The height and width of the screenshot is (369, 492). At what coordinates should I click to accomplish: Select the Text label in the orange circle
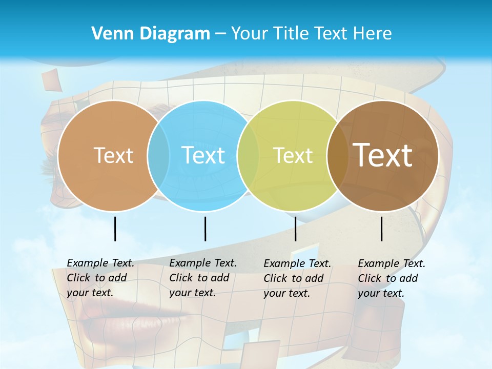113,156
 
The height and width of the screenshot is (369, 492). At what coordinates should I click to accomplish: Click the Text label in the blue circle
203,156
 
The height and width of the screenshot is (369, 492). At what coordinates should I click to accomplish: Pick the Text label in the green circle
293,156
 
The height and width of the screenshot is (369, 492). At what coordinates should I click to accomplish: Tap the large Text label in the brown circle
382,155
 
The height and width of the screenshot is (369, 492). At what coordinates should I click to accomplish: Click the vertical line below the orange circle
115,229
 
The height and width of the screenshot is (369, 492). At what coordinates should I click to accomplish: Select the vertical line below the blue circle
205,229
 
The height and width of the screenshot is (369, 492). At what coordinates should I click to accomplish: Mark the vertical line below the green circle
295,229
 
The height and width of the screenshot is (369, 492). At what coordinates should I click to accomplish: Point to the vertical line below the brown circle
382,229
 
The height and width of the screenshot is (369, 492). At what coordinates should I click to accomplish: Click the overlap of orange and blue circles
158,156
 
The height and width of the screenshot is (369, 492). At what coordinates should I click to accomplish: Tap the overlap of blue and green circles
248,156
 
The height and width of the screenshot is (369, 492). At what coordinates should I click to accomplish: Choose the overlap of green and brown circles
338,156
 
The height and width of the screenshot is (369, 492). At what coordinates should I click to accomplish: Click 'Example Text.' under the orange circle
100,263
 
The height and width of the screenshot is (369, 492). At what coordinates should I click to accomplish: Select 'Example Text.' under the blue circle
203,263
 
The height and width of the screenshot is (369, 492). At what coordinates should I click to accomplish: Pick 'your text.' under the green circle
287,293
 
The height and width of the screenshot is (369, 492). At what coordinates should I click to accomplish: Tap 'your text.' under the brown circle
381,293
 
